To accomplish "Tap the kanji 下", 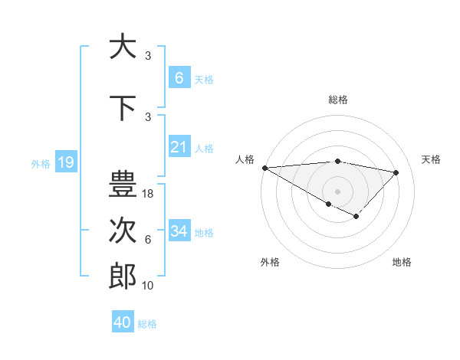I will [123, 109].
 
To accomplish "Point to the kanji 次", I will [123, 231].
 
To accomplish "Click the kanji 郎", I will [123, 277].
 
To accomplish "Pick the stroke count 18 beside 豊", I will [149, 194].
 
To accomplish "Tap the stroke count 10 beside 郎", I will [149, 286].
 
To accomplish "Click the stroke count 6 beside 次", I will [148, 240].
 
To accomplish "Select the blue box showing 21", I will [179, 147].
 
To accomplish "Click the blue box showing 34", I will [179, 231].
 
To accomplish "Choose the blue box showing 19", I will [65, 162].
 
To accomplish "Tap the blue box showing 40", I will [123, 322].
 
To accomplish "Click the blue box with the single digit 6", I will [179, 77].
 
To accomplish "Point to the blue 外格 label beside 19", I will [41, 163].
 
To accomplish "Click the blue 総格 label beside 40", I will [147, 324].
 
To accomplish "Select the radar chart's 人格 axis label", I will [245, 159].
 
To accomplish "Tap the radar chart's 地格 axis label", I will [402, 262].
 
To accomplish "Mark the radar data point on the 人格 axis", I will [264, 168].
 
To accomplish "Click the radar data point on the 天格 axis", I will [396, 172].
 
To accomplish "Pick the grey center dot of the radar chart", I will [337, 191].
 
